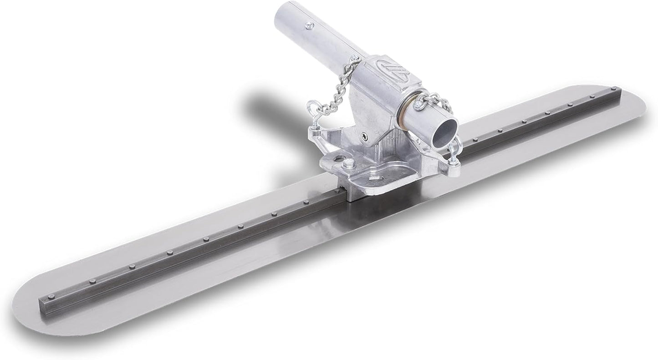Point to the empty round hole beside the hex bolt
pyautogui.click(x=339, y=157)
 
